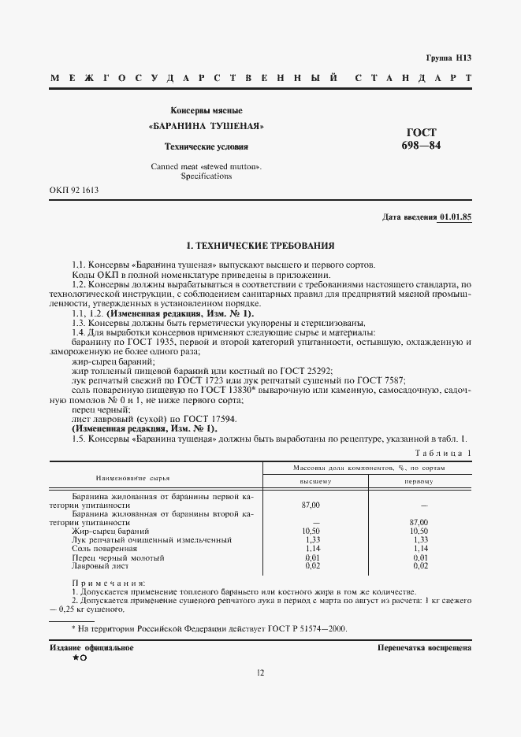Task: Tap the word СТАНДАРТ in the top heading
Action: point(413,79)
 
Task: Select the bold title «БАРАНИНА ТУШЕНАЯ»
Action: point(206,127)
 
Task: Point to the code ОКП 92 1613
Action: point(74,191)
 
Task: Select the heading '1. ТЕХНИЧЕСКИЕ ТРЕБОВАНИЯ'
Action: point(260,246)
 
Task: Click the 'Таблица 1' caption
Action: point(443,454)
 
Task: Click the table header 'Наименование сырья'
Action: point(133,478)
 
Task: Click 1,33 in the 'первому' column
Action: point(419,540)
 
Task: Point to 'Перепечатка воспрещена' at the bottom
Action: point(424,647)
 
